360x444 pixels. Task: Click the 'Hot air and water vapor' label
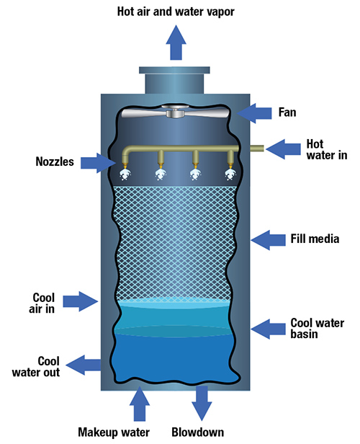click(176, 12)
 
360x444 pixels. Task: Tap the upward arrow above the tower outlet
click(176, 43)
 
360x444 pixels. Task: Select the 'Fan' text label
click(287, 112)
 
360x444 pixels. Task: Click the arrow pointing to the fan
click(254, 113)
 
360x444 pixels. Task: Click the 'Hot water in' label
click(327, 149)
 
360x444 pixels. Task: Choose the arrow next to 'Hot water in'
click(284, 149)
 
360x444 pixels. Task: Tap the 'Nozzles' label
click(55, 161)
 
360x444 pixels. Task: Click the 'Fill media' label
click(315, 239)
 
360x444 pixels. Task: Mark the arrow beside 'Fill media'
click(268, 240)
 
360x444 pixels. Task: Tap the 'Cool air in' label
click(42, 303)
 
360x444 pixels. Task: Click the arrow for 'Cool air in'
click(81, 301)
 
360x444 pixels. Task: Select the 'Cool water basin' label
click(318, 329)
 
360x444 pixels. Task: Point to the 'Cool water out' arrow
click(84, 365)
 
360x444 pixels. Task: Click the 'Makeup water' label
click(114, 432)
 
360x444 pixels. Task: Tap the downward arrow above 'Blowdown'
click(202, 404)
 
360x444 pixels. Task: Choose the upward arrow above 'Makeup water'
click(140, 404)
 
